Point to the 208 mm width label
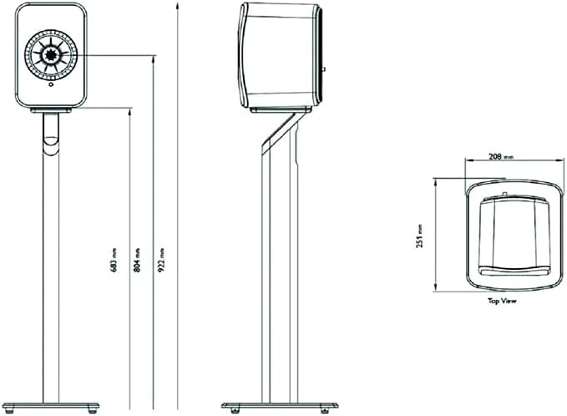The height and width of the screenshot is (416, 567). pos(501,156)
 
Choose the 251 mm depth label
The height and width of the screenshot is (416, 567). pos(423,236)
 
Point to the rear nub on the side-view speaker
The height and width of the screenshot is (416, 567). pos(324,69)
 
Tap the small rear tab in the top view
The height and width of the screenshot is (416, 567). pos(507,196)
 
